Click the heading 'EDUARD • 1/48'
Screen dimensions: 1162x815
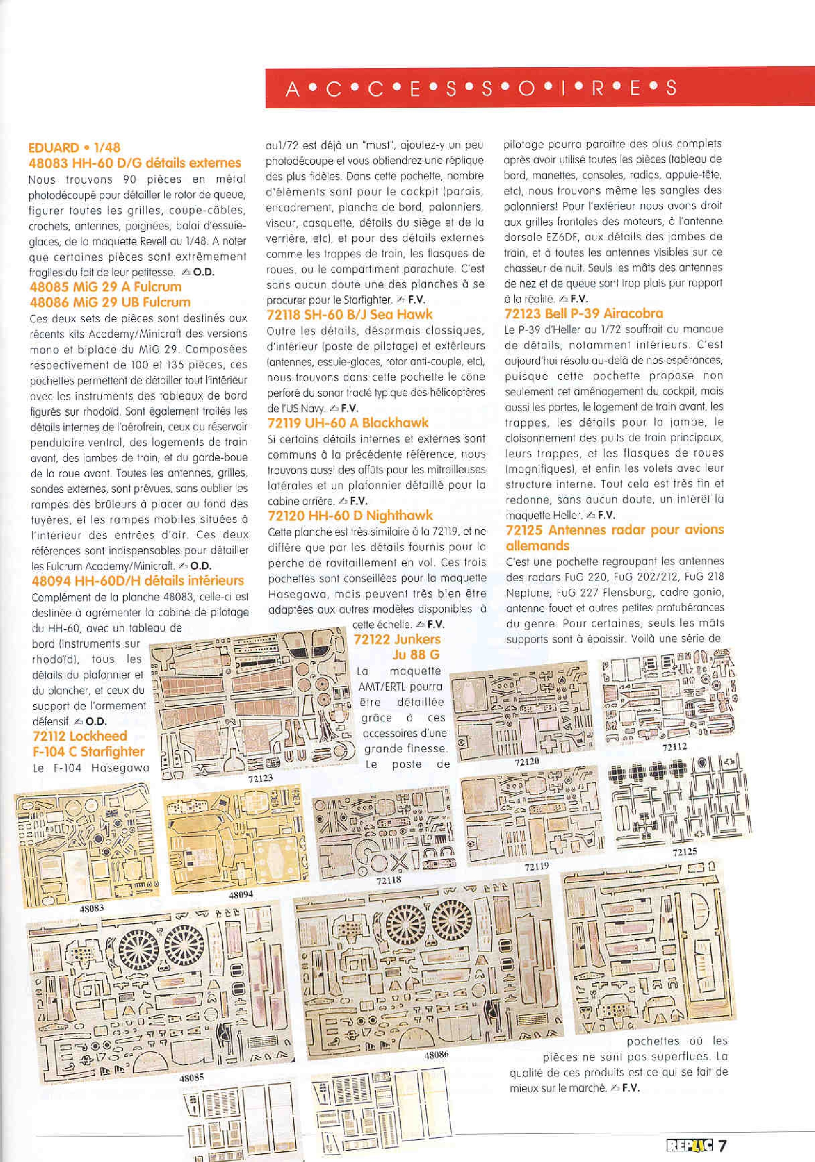[x=75, y=148]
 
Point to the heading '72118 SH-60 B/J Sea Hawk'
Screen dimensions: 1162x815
[x=350, y=314]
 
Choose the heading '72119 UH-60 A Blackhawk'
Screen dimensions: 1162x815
[x=347, y=423]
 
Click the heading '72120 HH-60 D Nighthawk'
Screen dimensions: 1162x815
[x=350, y=516]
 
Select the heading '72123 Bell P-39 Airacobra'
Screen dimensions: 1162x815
[x=584, y=313]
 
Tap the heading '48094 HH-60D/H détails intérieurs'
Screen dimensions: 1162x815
[x=137, y=581]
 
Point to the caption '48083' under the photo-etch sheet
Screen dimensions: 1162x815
[x=92, y=909]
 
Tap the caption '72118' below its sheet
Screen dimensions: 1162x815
[x=389, y=880]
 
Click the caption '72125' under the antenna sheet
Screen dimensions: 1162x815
[x=684, y=852]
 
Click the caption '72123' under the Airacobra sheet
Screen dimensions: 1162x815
[x=260, y=778]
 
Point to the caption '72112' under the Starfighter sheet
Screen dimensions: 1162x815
[x=674, y=747]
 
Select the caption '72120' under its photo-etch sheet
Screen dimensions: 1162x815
[x=527, y=761]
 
